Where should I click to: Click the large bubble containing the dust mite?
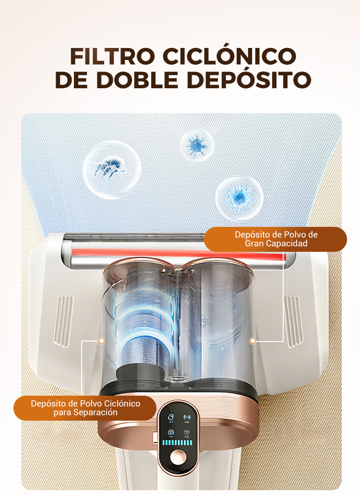pos(112,170)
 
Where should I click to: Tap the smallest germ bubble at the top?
pos(197,145)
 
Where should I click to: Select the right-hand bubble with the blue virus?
pos(240,198)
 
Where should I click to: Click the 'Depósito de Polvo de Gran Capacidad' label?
pos(276,239)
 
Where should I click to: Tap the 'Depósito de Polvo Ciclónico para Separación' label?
pos(85,408)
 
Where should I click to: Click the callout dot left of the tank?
pos(101,341)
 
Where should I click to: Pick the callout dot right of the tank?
pos(252,341)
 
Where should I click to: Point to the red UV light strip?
pos(179,254)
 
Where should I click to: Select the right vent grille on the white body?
pos(293,321)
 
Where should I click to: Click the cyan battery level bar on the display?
pos(177,443)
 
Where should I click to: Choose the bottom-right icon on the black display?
pos(187,433)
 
